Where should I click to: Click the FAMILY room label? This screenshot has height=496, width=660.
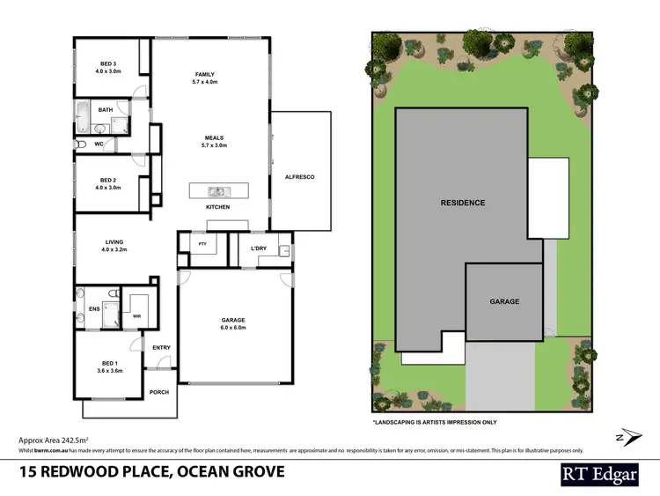(205, 74)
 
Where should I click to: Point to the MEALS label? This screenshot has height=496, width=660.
(215, 138)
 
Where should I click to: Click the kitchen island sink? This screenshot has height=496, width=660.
(215, 191)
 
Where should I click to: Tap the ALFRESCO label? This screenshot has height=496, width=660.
(301, 177)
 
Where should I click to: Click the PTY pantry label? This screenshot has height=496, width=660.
(202, 244)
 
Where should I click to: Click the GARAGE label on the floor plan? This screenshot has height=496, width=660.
(233, 321)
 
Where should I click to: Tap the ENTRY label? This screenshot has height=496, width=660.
(161, 347)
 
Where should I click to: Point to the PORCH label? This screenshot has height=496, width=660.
(158, 391)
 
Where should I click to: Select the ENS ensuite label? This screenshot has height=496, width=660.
(94, 309)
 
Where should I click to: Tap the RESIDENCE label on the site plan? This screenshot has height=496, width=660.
(462, 203)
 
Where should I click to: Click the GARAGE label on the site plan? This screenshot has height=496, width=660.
(504, 301)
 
